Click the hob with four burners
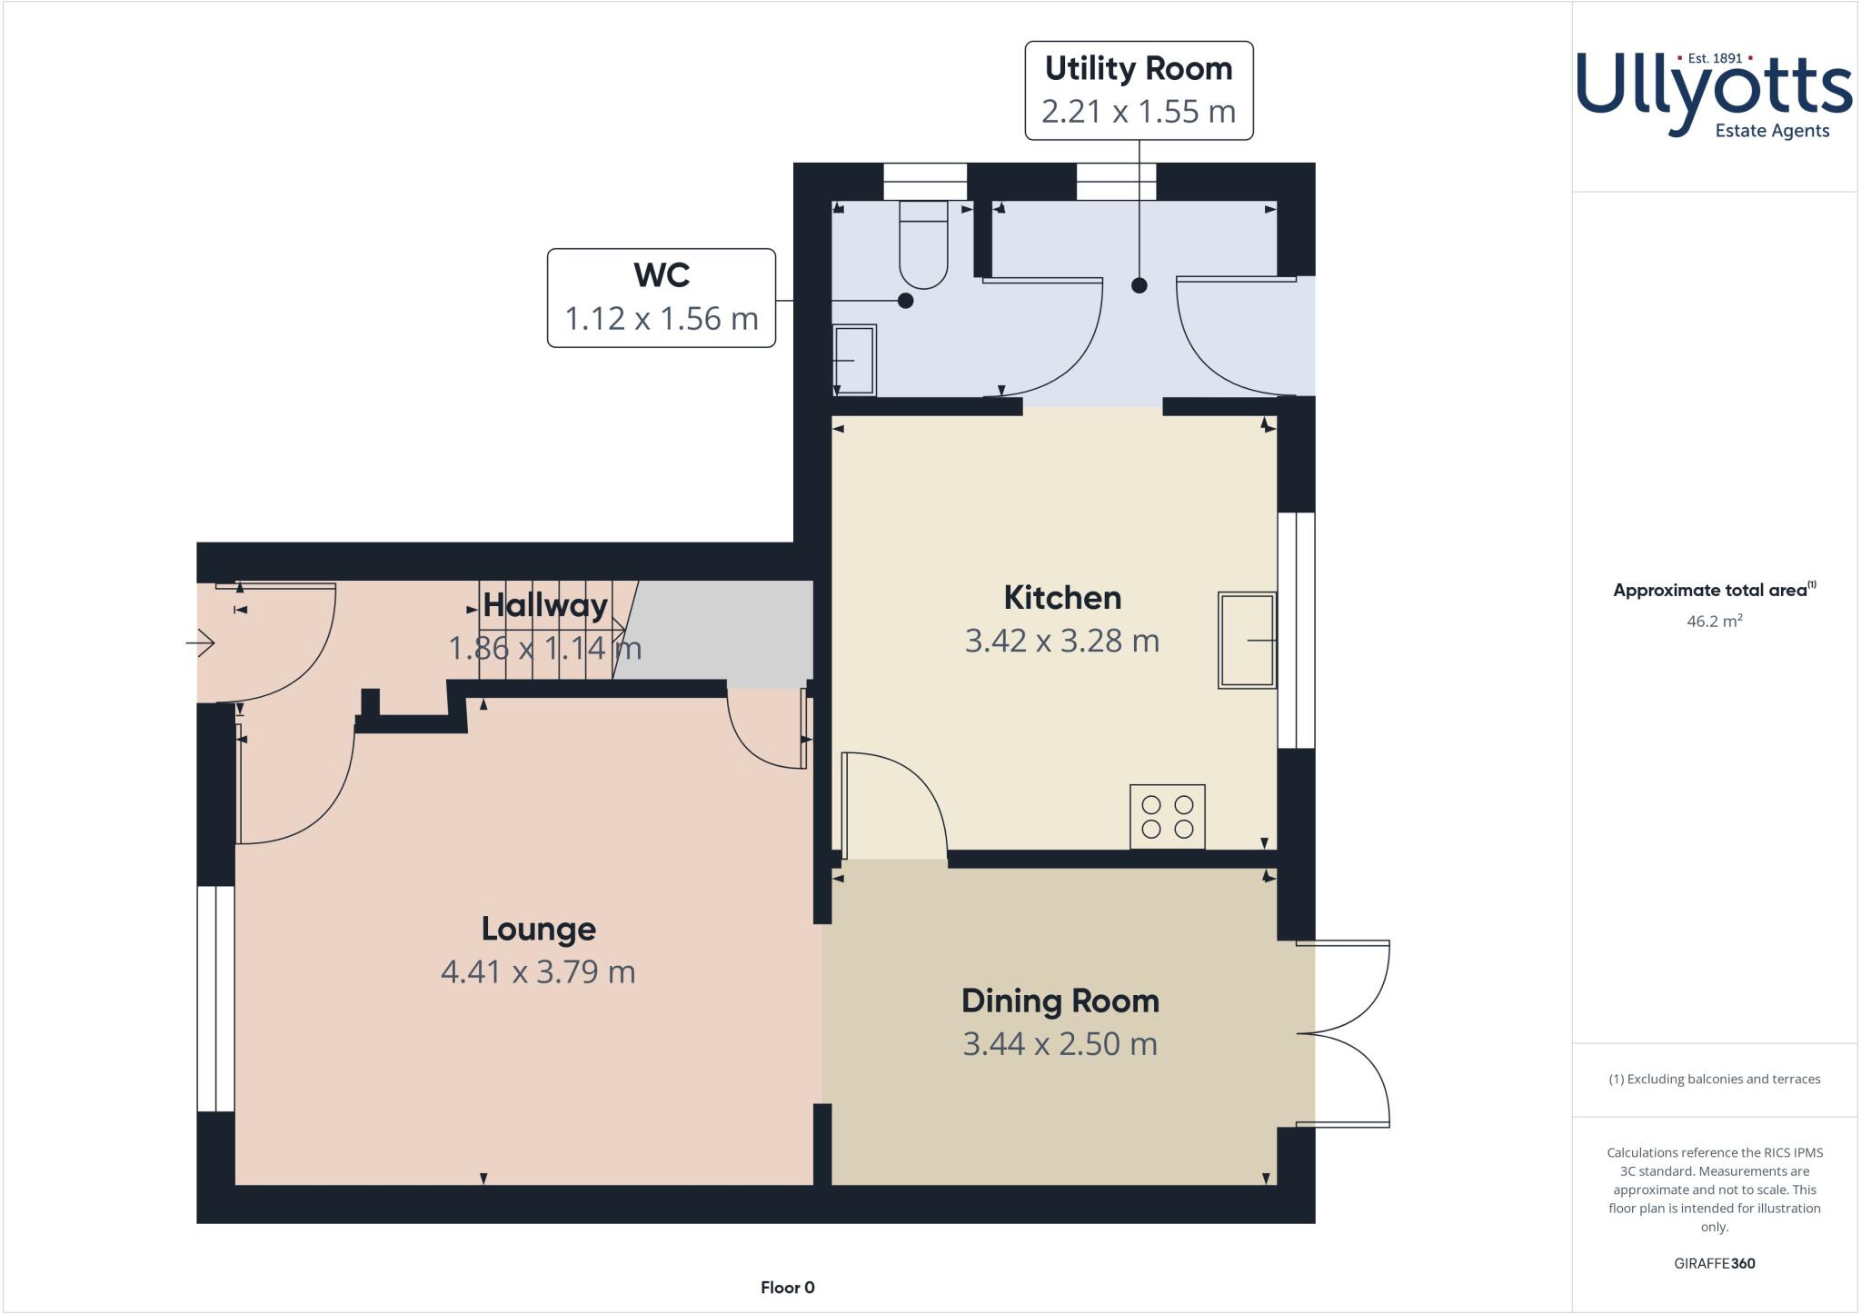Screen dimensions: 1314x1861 (1168, 817)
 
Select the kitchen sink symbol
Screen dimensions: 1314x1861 (1247, 641)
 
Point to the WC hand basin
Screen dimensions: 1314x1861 (854, 360)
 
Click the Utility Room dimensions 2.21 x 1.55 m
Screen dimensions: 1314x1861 (1139, 112)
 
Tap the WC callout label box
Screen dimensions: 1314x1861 (661, 297)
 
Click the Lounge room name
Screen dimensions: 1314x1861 (538, 929)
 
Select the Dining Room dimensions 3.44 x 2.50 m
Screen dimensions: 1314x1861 (1060, 1043)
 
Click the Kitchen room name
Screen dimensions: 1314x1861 (1061, 597)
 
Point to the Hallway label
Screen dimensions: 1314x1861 (545, 604)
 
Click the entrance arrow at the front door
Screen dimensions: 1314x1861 (201, 644)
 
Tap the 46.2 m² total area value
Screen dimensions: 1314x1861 (1714, 622)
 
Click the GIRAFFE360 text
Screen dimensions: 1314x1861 (1714, 1263)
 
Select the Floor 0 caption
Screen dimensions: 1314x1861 (787, 1287)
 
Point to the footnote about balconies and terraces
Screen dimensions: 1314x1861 (1714, 1079)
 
